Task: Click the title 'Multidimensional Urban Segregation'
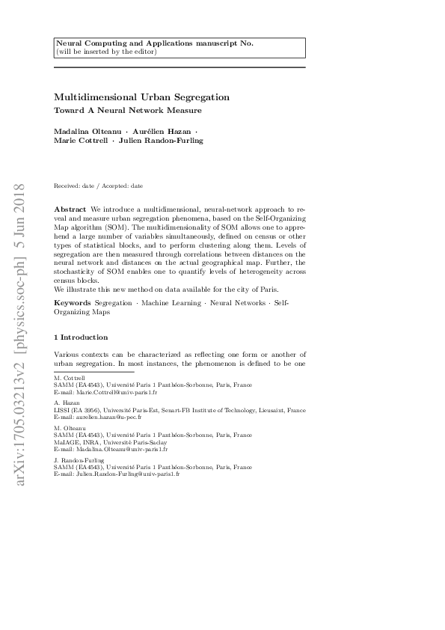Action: (141, 97)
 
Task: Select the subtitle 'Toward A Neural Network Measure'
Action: (128, 110)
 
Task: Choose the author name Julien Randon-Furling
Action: (160, 140)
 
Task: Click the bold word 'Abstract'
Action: (70, 206)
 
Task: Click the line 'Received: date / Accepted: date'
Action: (99, 186)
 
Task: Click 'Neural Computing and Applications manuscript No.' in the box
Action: (155, 43)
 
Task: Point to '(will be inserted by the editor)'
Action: (105, 52)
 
